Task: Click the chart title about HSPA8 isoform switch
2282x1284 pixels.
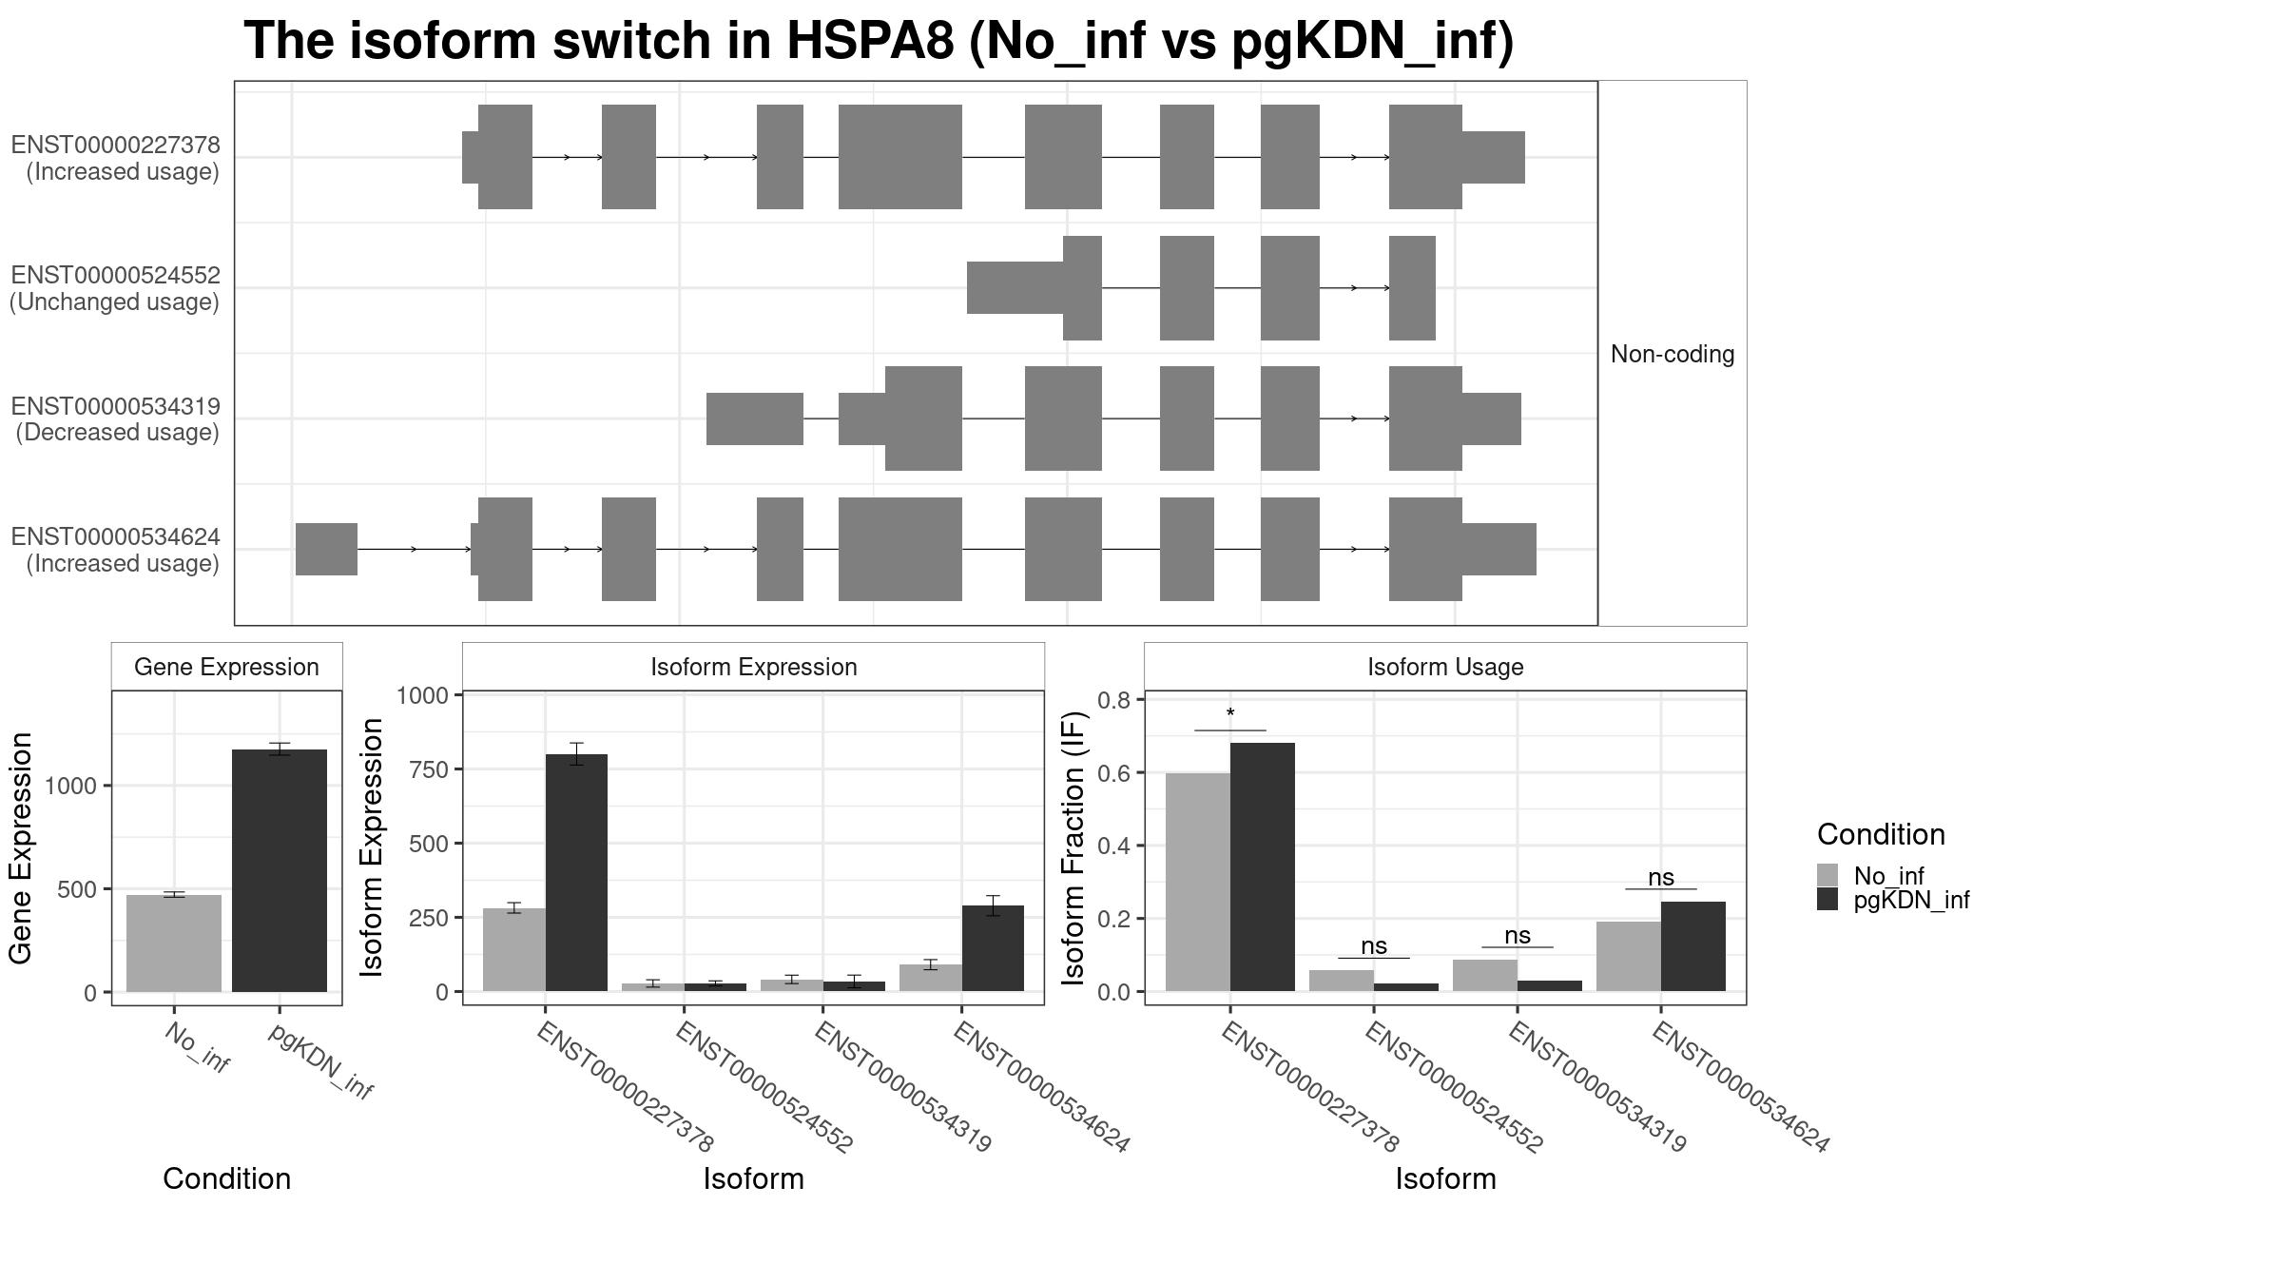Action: (879, 42)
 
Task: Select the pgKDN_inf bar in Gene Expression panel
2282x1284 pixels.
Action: (279, 870)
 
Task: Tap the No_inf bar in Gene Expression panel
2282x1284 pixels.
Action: (174, 943)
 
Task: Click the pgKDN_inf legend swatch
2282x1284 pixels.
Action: (1827, 900)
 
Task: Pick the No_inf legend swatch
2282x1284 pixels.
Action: (1827, 875)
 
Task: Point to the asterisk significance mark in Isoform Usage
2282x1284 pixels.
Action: (1229, 714)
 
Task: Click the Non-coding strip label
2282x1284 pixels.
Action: (1672, 355)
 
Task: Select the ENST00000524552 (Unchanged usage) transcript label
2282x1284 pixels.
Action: (115, 288)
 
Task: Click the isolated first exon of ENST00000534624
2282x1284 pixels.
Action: (326, 549)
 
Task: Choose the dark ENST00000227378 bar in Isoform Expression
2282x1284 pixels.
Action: (576, 872)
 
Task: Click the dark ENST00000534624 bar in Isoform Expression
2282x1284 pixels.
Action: (993, 947)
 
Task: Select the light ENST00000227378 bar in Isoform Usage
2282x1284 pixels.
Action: (1197, 882)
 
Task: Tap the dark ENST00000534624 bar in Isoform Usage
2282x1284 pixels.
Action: (1692, 946)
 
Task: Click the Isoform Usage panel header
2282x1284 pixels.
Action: (1444, 667)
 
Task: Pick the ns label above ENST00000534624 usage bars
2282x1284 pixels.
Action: (1660, 877)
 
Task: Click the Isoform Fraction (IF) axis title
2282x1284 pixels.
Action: (1073, 847)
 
